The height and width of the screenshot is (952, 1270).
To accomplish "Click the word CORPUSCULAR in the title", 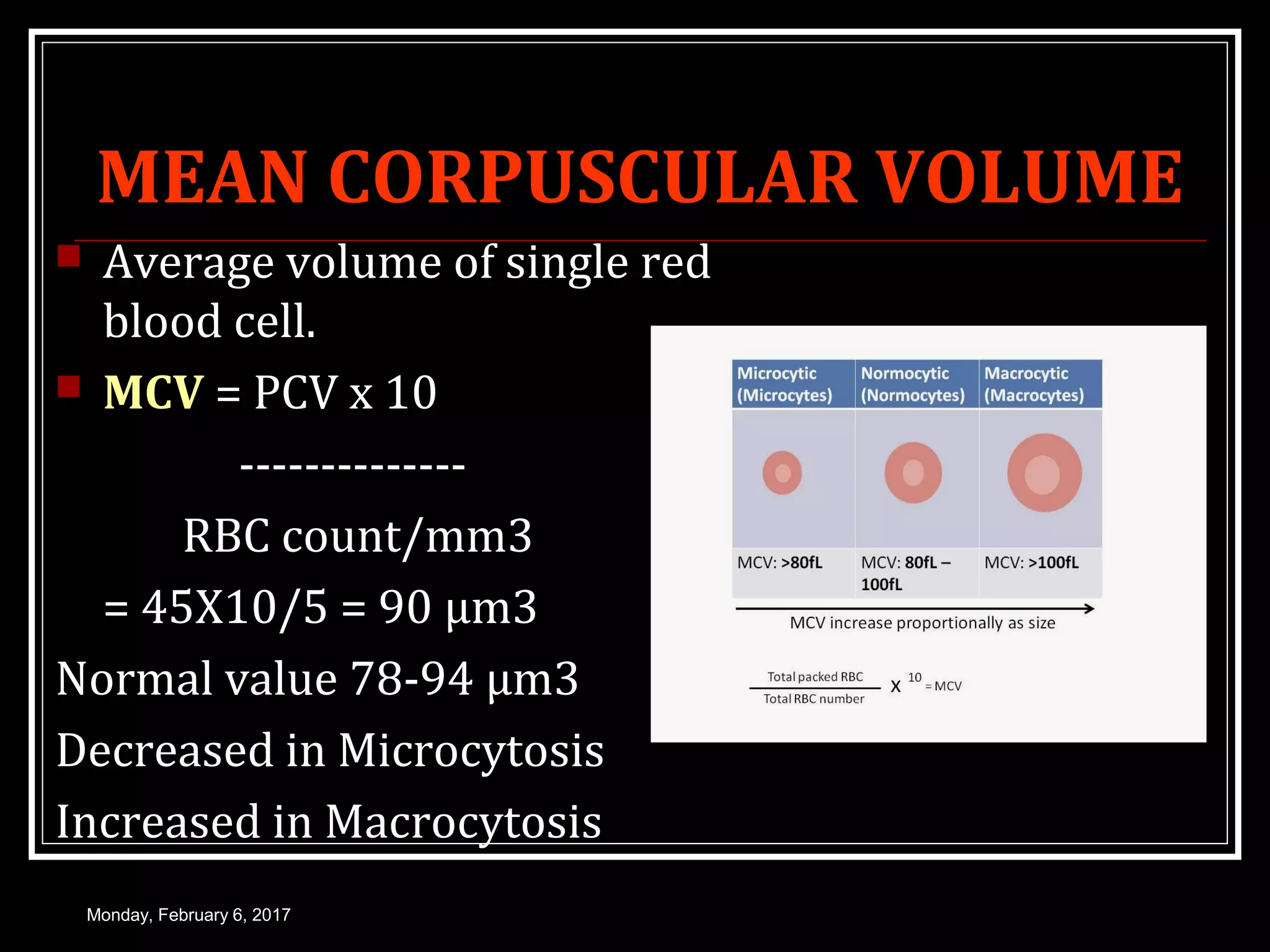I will click(x=593, y=177).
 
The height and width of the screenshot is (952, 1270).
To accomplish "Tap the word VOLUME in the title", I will click(x=1030, y=177).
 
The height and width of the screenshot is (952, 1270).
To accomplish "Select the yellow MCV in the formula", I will click(x=153, y=393).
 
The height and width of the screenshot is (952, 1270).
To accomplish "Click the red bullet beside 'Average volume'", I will click(x=69, y=256).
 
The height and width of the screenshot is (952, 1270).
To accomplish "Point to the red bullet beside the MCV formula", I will click(x=69, y=386).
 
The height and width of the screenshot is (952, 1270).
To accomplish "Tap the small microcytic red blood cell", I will click(x=782, y=473).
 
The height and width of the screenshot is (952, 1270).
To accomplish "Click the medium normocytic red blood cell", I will click(x=913, y=473).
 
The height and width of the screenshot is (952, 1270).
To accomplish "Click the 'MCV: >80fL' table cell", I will click(x=779, y=563).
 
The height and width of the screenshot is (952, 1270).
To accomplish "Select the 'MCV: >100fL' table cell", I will click(x=1031, y=563).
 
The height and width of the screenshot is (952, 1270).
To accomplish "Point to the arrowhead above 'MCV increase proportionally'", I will click(x=1090, y=609).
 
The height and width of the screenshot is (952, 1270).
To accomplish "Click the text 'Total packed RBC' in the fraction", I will click(x=815, y=677).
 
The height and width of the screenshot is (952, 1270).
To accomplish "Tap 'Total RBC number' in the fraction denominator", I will click(x=814, y=699).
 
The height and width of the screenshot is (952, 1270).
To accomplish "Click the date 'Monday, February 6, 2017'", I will click(x=189, y=915).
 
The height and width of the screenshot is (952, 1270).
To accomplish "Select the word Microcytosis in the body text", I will click(x=471, y=751).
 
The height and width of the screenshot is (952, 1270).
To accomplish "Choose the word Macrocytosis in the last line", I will click(x=463, y=822).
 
